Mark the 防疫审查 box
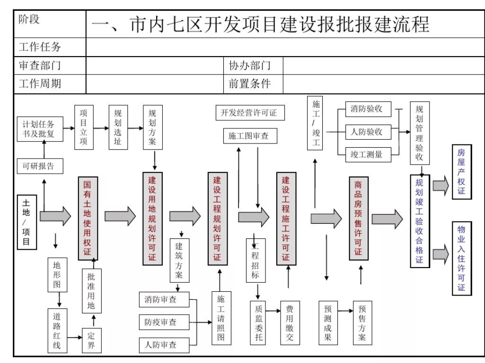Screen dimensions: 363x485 tap(163, 322)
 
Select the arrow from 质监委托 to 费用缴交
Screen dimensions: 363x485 tap(272, 311)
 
